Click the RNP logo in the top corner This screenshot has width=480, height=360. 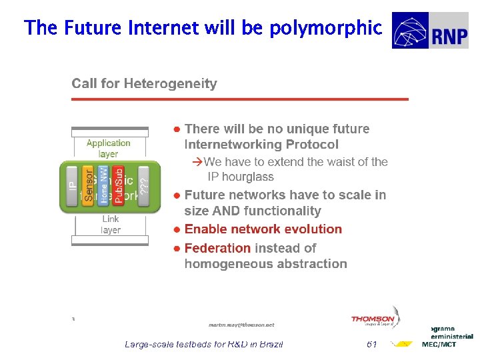click(x=430, y=31)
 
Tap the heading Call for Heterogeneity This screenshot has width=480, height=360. click(x=144, y=83)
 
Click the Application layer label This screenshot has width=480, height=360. click(x=109, y=148)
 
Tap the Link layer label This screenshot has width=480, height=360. click(x=111, y=224)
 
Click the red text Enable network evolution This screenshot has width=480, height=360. click(x=263, y=229)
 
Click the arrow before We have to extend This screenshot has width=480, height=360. click(x=197, y=162)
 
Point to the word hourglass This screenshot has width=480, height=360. click(x=249, y=177)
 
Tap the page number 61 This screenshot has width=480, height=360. click(x=371, y=344)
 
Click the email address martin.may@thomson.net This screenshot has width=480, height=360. click(x=241, y=325)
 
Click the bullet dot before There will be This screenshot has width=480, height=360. click(x=177, y=129)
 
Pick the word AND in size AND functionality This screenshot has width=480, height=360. click(x=227, y=211)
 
